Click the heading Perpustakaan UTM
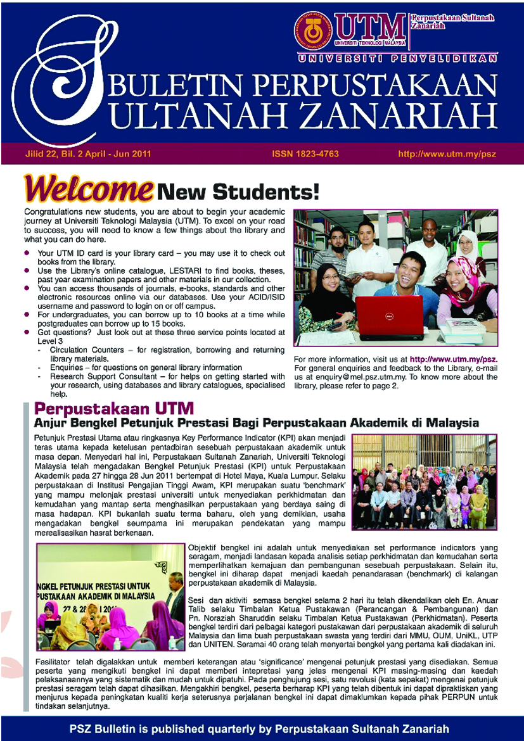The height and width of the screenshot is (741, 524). pyautogui.click(x=114, y=408)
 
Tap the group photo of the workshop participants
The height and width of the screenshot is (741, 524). pyautogui.click(x=423, y=481)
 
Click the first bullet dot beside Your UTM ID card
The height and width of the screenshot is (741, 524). pyautogui.click(x=27, y=253)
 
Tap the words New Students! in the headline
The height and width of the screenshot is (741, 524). pyautogui.click(x=238, y=189)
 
